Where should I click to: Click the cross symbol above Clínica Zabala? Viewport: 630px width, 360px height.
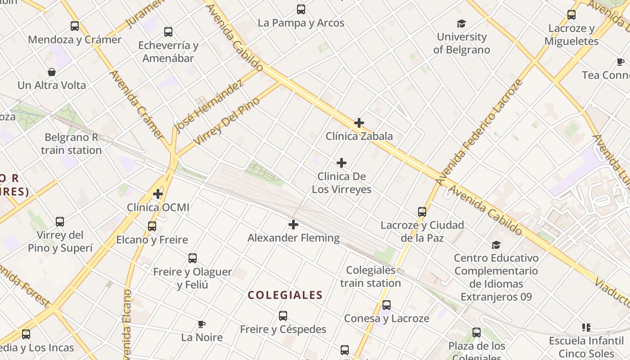(x=359, y=122)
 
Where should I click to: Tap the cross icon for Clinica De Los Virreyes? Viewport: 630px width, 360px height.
(x=342, y=162)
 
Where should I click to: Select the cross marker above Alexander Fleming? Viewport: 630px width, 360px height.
(x=293, y=224)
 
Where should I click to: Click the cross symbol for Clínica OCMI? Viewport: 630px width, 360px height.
(x=158, y=194)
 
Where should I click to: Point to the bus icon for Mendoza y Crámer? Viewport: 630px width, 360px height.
(x=75, y=26)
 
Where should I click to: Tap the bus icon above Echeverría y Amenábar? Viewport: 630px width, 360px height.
(x=168, y=32)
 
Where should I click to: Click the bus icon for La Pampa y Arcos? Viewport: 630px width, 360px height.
(x=301, y=9)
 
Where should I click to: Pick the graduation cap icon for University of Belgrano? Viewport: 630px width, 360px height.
(x=461, y=23)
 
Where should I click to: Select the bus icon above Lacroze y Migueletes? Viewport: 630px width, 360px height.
(x=571, y=15)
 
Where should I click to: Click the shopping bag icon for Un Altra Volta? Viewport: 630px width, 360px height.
(x=52, y=72)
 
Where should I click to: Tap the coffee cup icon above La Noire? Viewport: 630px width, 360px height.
(x=202, y=324)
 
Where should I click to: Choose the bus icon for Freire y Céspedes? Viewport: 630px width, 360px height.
(x=283, y=316)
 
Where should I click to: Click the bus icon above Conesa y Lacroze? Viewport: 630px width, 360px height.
(x=386, y=305)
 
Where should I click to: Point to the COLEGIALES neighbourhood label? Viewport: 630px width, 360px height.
(x=285, y=295)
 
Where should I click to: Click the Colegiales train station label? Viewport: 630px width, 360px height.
(x=370, y=277)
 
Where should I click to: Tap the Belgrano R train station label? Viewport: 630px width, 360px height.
(x=71, y=144)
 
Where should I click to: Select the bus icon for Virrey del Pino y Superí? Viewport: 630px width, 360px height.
(x=60, y=221)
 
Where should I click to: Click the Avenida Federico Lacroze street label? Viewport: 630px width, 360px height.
(x=480, y=132)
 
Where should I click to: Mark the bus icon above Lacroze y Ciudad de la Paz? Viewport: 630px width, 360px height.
(x=422, y=212)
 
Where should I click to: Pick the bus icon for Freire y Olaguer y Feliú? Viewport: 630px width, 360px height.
(x=193, y=258)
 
